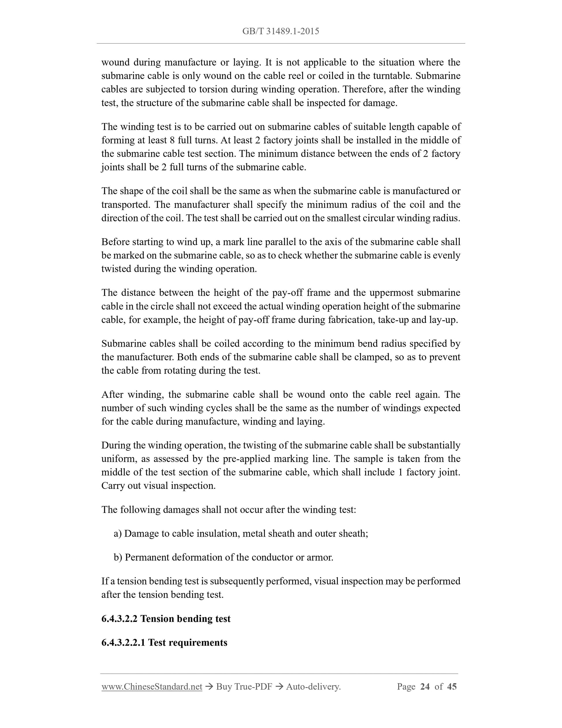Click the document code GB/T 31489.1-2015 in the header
pyautogui.click(x=281, y=31)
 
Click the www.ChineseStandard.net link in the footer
pyautogui.click(x=152, y=686)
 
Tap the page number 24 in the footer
pyautogui.click(x=425, y=686)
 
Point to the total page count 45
pyautogui.click(x=451, y=686)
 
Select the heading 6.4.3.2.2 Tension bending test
pyautogui.click(x=166, y=619)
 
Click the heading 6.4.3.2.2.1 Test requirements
pyautogui.click(x=164, y=642)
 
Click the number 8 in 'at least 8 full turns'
pyautogui.click(x=172, y=140)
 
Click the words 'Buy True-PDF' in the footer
pyautogui.click(x=244, y=686)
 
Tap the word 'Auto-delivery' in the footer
pyautogui.click(x=312, y=686)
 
